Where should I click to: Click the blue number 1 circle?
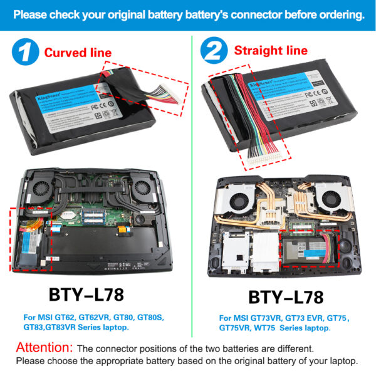click(23, 51)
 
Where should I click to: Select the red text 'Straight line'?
click(271, 50)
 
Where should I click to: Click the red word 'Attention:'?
click(44, 347)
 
